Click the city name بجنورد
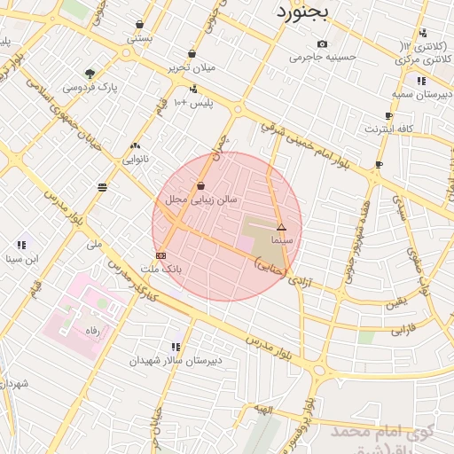coord(301,12)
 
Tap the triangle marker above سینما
coord(281,228)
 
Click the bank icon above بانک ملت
coord(160,255)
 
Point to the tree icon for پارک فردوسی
coord(90,74)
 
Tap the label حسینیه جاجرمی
coord(322,57)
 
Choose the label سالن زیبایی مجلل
coord(201,200)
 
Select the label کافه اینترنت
coord(388,129)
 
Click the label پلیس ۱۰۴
coord(193,104)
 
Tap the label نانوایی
coord(135,160)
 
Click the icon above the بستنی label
coord(140,25)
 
